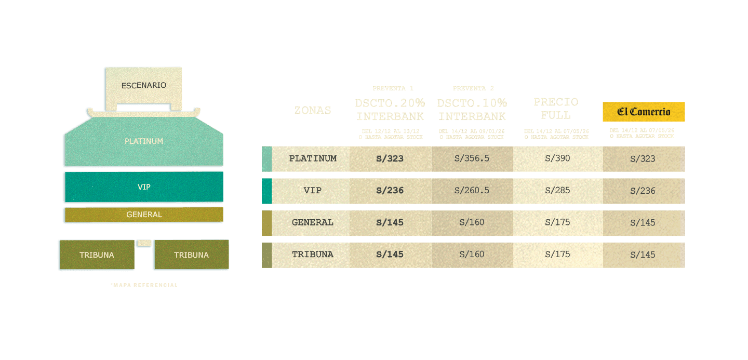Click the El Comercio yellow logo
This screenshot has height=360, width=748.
(644, 112)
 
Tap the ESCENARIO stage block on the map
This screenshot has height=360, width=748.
(144, 85)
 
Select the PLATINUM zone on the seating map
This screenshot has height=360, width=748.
(144, 141)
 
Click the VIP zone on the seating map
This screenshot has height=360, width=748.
(144, 187)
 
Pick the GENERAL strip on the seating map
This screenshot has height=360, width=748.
(144, 215)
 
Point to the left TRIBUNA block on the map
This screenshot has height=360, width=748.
(97, 255)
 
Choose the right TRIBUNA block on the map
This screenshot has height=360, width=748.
(191, 255)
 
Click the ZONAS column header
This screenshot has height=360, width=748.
(313, 110)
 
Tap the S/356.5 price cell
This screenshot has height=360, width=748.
(472, 158)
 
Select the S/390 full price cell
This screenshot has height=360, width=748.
(557, 158)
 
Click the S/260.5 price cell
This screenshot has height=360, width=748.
(472, 191)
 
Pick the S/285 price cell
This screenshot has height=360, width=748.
(557, 191)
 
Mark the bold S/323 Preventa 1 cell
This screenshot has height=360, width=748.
(390, 158)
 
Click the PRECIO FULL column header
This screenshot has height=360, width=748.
(555, 108)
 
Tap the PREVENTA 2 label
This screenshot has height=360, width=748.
(473, 88)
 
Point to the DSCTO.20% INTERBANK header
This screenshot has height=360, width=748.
(390, 109)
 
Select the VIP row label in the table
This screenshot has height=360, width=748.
(313, 191)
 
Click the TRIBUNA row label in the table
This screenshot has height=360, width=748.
(313, 255)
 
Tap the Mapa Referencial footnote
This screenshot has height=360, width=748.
(144, 285)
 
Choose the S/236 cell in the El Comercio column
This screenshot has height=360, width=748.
(643, 191)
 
